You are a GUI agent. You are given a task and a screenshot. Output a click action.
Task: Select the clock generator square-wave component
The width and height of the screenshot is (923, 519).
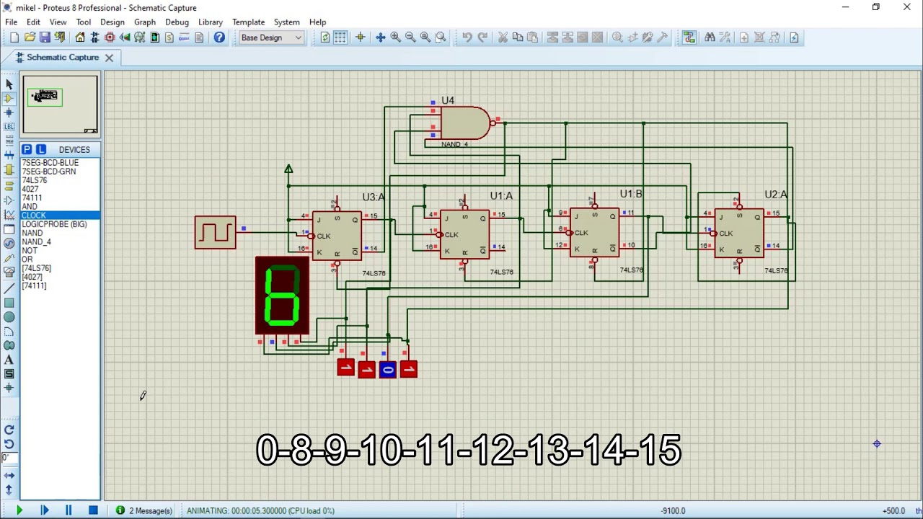click(x=215, y=232)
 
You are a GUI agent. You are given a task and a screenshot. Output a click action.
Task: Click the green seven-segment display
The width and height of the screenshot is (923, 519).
click(x=283, y=296)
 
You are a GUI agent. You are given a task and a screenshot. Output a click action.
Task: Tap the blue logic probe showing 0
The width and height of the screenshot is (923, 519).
click(x=388, y=370)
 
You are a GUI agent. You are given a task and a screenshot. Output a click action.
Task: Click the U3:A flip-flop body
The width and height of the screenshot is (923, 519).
click(x=337, y=236)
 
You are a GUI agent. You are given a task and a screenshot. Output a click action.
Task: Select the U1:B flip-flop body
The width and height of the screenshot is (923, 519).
click(x=594, y=233)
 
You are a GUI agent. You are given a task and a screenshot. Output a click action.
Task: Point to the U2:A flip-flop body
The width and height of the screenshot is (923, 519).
click(x=739, y=234)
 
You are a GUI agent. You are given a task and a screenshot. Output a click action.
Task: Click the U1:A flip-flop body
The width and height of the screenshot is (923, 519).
click(x=464, y=235)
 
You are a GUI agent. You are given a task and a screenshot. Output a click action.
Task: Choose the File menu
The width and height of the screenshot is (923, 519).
click(x=12, y=22)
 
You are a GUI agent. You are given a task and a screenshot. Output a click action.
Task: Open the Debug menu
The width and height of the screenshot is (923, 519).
click(x=177, y=22)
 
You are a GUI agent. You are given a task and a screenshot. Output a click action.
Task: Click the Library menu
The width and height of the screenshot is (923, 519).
click(x=211, y=22)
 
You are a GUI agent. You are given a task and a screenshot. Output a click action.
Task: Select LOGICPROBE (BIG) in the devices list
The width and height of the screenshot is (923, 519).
click(x=54, y=224)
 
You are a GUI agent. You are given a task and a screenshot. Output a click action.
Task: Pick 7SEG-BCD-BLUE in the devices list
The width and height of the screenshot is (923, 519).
click(x=50, y=163)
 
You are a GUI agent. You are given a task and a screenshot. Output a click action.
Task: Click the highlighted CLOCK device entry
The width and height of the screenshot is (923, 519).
click(x=34, y=216)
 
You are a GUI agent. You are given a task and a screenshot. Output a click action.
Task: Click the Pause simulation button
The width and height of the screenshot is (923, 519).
click(x=69, y=510)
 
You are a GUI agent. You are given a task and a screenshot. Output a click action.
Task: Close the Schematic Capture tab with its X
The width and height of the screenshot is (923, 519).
click(x=109, y=58)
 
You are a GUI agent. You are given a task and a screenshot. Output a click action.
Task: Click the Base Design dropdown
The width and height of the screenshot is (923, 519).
click(x=271, y=37)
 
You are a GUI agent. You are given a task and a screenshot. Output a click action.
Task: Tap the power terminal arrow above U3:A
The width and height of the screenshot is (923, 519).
click(x=288, y=169)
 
